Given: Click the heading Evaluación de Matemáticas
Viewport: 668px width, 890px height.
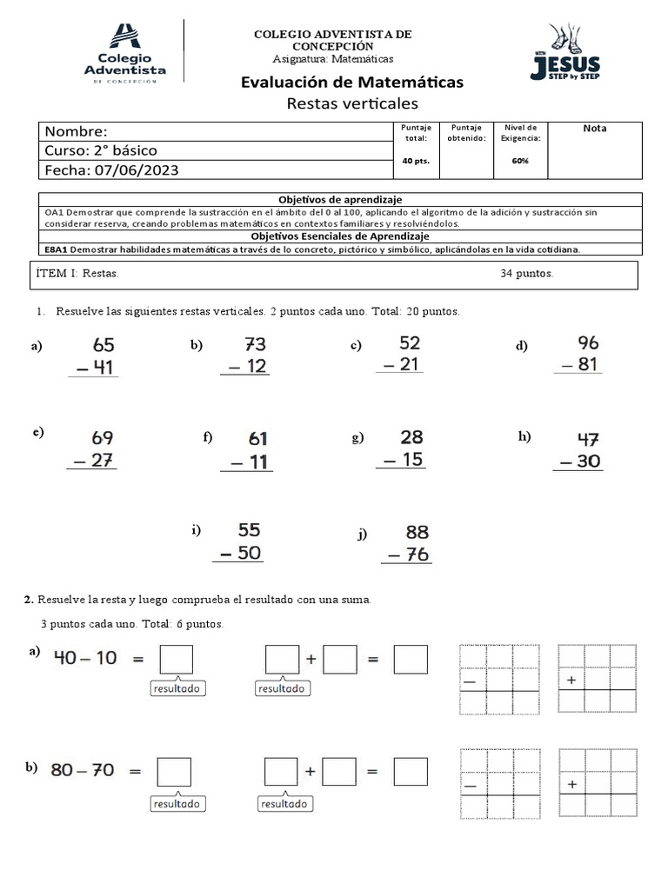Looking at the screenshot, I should (x=351, y=83).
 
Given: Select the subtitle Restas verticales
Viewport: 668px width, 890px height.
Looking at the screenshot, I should (x=352, y=104).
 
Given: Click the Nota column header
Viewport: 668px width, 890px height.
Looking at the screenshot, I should (x=595, y=129).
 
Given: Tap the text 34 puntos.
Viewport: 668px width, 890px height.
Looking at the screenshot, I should (x=527, y=274).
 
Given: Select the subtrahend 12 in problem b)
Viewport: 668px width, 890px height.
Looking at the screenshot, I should (x=256, y=367).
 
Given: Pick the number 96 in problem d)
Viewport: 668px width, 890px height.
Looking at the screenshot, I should (x=588, y=342).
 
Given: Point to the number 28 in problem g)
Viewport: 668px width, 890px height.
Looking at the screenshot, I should (x=411, y=436).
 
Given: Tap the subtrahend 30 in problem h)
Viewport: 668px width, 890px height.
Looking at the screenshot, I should (x=588, y=462).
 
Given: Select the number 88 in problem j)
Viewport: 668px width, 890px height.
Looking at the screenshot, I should (x=417, y=532).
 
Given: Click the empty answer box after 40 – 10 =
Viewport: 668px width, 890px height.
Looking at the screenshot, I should (x=176, y=660).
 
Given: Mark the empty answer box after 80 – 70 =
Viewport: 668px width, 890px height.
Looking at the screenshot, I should (x=174, y=771).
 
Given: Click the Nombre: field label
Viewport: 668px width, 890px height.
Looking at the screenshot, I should (x=77, y=131).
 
